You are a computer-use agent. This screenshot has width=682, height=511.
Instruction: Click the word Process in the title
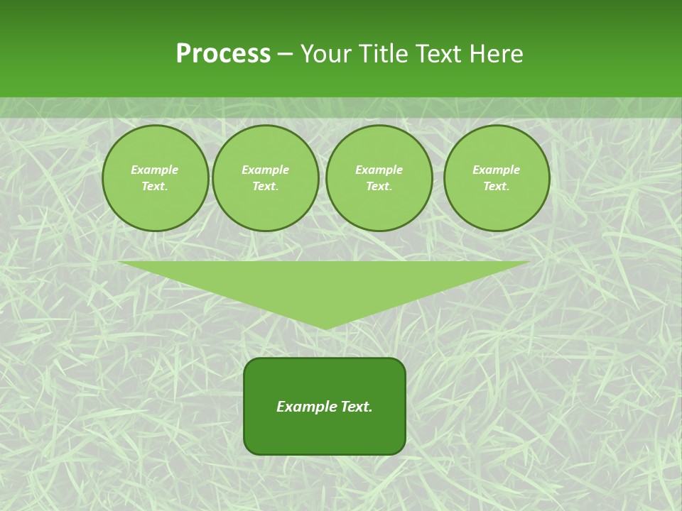coord(223,54)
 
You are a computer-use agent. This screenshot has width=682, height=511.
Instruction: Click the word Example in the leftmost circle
coord(155,170)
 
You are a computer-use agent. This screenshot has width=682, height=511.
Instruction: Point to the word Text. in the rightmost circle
coord(497,187)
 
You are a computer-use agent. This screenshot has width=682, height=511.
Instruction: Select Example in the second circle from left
coord(266,170)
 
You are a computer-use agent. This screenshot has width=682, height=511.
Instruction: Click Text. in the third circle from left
coord(379,187)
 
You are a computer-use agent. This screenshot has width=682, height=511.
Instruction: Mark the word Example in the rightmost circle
coord(497,170)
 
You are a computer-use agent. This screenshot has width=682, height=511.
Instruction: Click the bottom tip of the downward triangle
coord(325,328)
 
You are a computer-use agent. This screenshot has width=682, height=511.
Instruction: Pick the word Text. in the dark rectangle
coord(356,407)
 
